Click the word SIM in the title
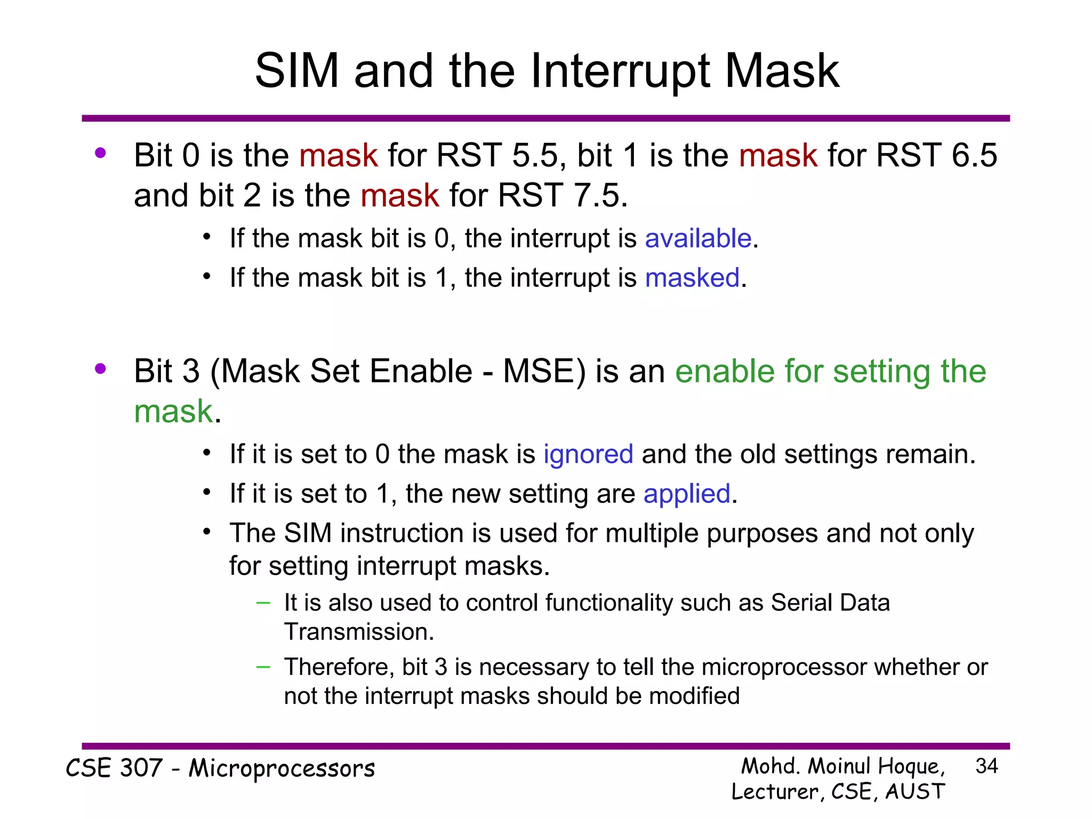click(x=297, y=71)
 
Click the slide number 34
click(x=986, y=766)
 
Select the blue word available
click(x=698, y=238)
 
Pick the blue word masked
click(x=692, y=278)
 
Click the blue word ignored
click(x=588, y=454)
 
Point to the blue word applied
click(x=687, y=494)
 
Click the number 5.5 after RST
click(x=535, y=156)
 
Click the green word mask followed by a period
click(x=173, y=412)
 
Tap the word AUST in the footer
click(x=915, y=791)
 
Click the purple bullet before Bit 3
click(x=100, y=368)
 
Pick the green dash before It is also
click(x=263, y=603)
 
